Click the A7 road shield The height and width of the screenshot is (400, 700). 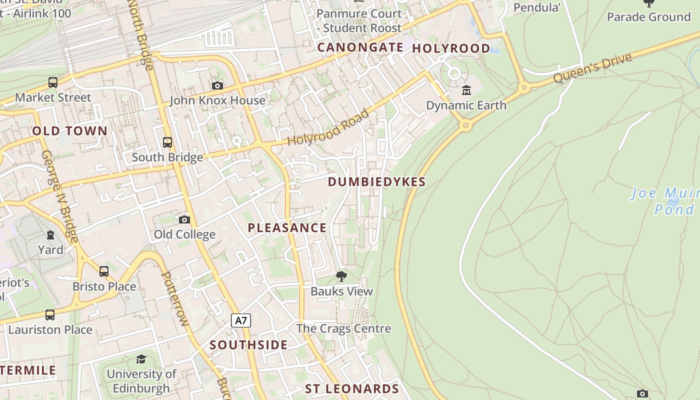[241, 320]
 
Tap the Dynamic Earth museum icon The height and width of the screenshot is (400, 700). [466, 90]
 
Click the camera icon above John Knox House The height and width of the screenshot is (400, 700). [217, 86]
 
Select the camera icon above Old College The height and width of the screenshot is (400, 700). [184, 219]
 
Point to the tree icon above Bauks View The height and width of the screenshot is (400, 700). [341, 276]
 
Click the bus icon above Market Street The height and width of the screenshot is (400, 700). [53, 82]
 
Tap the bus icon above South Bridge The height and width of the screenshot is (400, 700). [167, 142]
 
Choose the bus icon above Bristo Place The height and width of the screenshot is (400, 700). [104, 271]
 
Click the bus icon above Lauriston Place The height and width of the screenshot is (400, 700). [50, 315]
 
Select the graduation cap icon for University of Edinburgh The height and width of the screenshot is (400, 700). [141, 359]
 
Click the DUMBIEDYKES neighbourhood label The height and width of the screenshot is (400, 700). [376, 182]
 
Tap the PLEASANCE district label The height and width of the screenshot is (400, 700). [287, 228]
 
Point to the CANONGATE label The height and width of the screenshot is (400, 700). [360, 47]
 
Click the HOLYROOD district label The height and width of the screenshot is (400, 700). [451, 48]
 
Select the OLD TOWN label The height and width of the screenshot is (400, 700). [70, 131]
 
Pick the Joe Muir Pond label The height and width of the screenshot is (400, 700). [665, 201]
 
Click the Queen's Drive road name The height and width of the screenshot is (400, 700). [592, 68]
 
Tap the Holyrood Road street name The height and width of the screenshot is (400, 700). [328, 128]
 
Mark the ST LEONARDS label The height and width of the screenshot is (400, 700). [352, 389]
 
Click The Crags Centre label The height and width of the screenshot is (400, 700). [343, 328]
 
